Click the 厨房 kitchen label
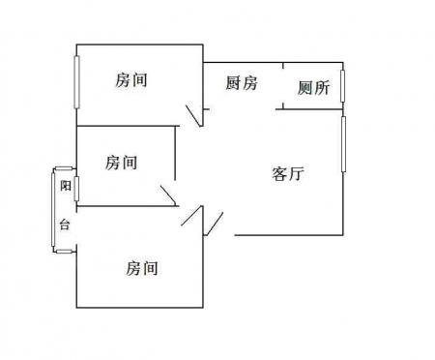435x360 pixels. (242, 83)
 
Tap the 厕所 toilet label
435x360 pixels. (313, 88)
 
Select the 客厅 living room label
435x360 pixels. (288, 174)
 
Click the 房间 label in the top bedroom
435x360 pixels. (131, 80)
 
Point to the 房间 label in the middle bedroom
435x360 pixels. (121, 163)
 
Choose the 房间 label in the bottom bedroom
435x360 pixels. (141, 268)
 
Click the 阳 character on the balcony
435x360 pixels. (66, 186)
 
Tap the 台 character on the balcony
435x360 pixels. (65, 225)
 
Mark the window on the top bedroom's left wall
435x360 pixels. (76, 82)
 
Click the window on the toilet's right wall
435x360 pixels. (342, 85)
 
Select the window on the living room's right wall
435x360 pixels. (343, 144)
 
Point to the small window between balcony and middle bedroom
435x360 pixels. (76, 189)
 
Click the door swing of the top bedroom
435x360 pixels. (194, 115)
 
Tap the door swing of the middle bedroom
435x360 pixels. (168, 195)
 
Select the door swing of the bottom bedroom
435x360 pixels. (192, 215)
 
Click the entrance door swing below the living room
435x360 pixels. (214, 224)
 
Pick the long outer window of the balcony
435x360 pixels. (53, 209)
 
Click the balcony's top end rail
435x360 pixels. (64, 168)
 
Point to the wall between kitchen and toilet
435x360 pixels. (283, 86)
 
